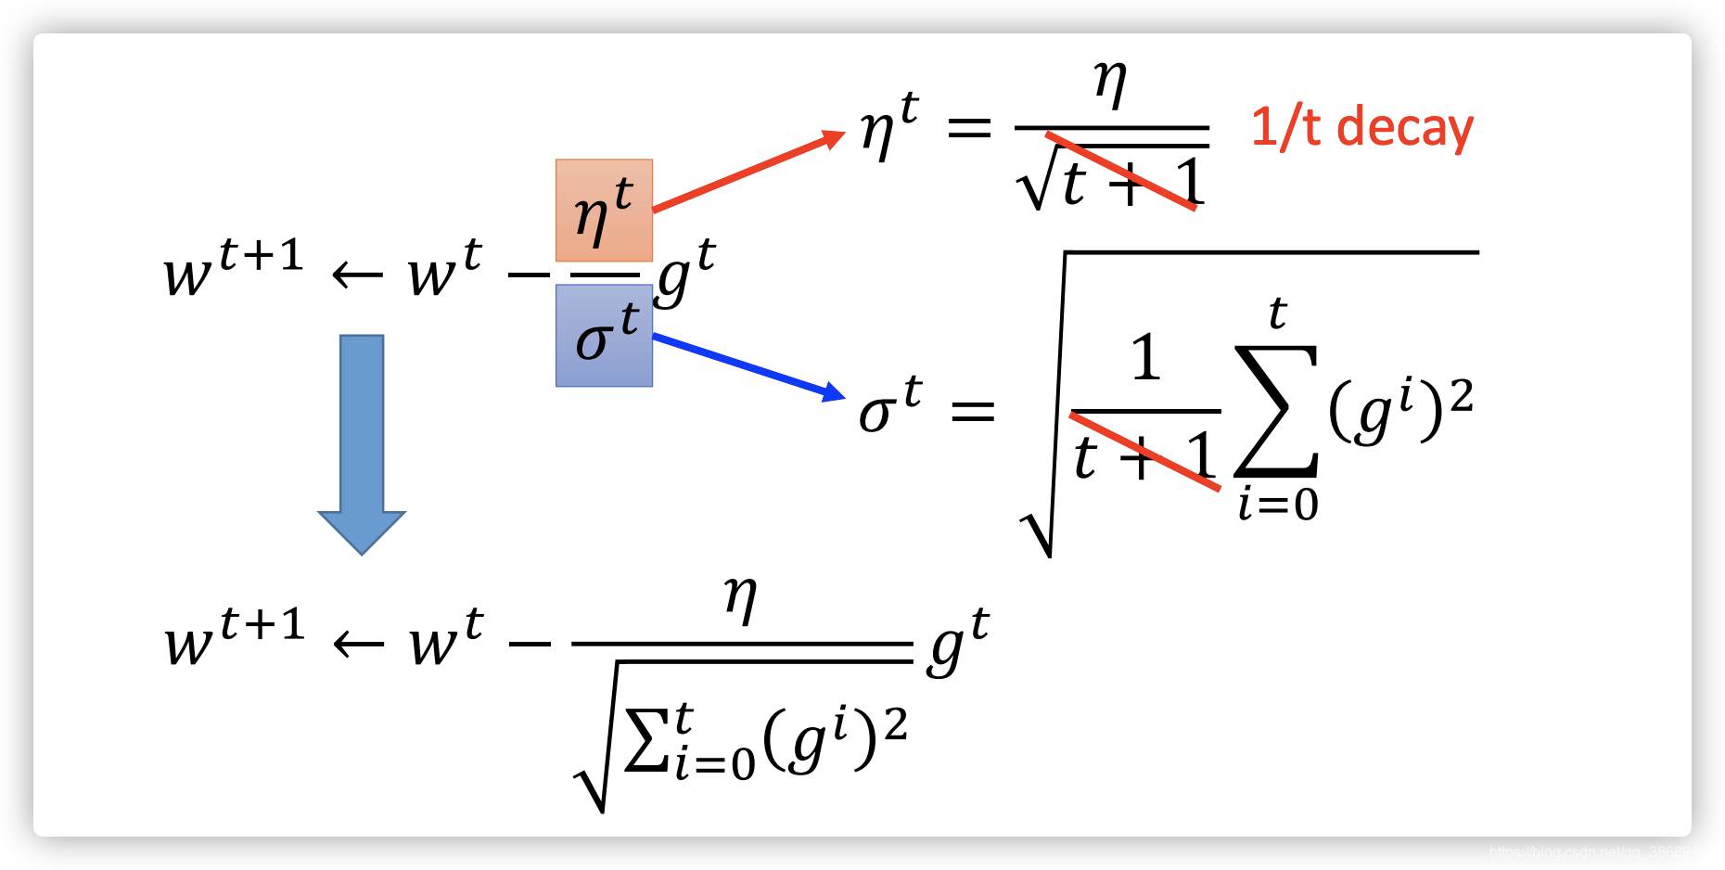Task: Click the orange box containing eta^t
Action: pyautogui.click(x=604, y=211)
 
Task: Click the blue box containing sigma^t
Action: pyautogui.click(x=604, y=335)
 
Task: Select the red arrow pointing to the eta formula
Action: pyautogui.click(x=747, y=173)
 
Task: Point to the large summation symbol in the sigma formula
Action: pyautogui.click(x=1276, y=410)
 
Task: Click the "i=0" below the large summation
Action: pyautogui.click(x=1278, y=505)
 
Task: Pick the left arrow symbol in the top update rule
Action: pyautogui.click(x=357, y=275)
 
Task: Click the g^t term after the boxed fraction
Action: pyautogui.click(x=685, y=271)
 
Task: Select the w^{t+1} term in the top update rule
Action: pyautogui.click(x=234, y=269)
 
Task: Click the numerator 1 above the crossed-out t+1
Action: pyautogui.click(x=1146, y=358)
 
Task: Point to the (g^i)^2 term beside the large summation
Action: pyautogui.click(x=1399, y=411)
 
